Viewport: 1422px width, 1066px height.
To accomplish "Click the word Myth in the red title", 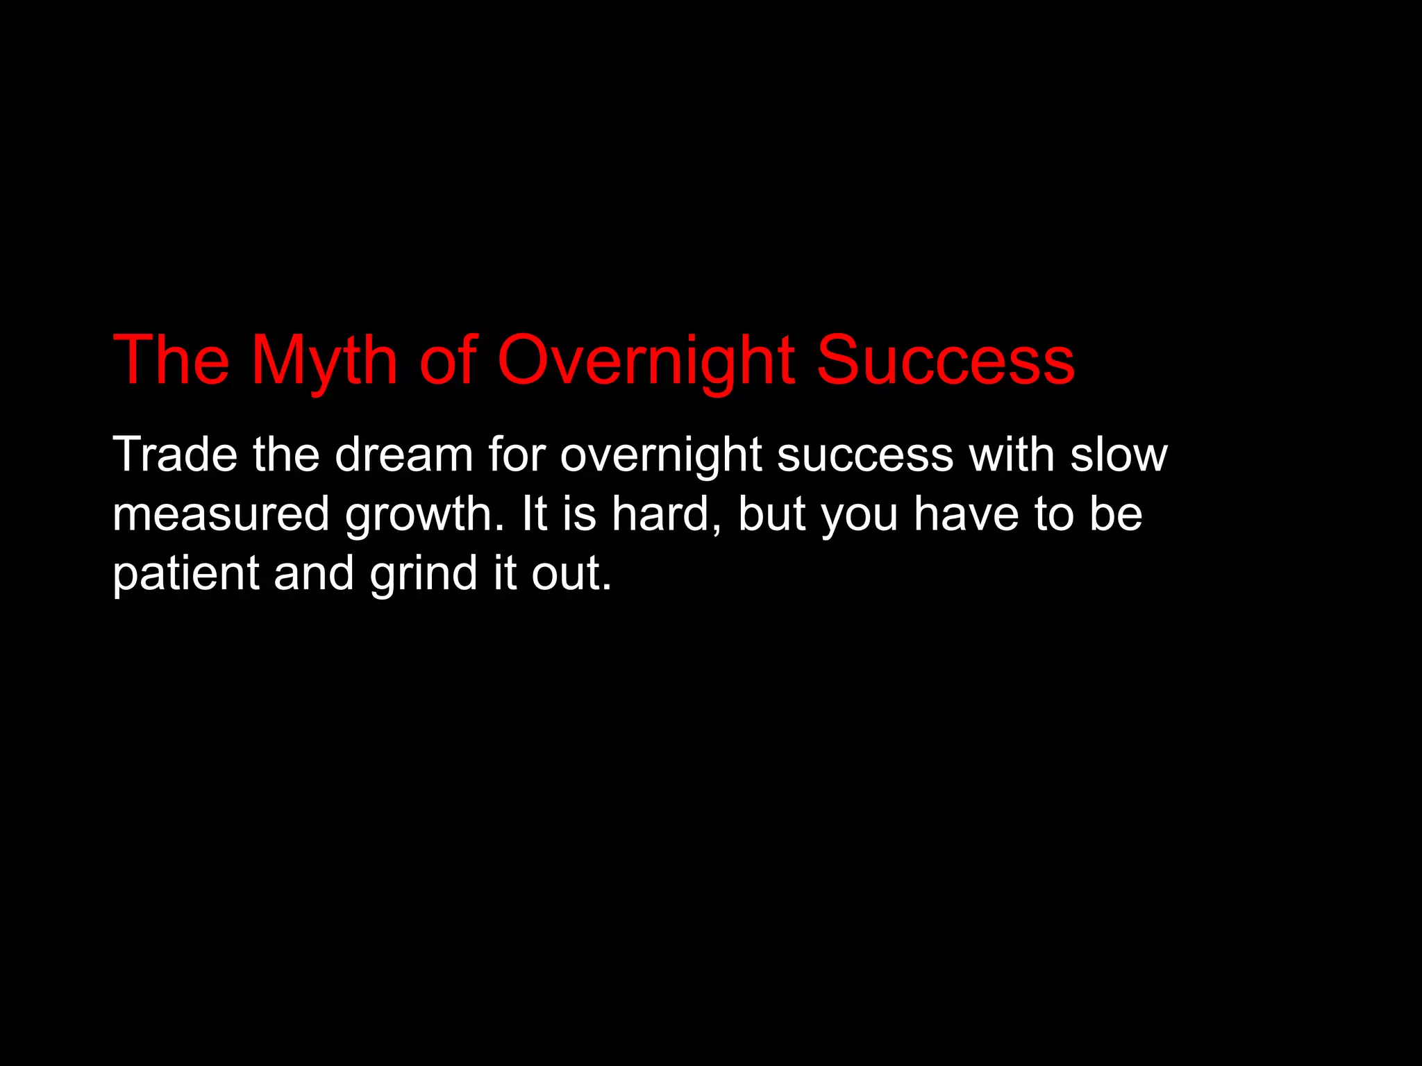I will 324,361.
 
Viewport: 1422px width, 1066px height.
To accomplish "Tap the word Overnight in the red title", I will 646,361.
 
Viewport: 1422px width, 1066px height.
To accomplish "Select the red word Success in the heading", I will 945,361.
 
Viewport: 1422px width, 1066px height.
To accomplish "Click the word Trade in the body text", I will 174,455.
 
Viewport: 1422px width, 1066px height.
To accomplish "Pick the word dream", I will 403,455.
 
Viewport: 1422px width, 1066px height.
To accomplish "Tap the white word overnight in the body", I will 660,456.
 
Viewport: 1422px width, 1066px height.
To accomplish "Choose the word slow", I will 1119,455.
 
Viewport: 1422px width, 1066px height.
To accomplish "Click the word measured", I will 221,514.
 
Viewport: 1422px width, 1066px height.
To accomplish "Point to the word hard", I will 666,514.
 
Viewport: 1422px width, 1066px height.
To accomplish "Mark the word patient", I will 185,574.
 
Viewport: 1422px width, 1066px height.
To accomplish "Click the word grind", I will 424,574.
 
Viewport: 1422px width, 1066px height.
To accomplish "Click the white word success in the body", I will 865,456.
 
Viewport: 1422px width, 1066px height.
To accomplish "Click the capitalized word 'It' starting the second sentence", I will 534,514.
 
